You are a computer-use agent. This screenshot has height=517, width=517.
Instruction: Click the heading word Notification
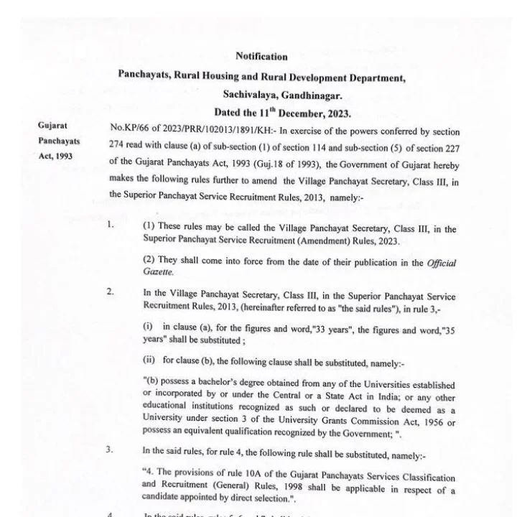coord(261,57)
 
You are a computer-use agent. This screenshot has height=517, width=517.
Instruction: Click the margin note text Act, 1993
coord(57,156)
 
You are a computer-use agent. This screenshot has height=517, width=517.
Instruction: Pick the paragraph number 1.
coord(111,224)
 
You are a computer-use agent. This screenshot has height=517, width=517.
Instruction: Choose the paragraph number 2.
coord(111,291)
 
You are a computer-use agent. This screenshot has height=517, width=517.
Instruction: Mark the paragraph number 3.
coord(110,450)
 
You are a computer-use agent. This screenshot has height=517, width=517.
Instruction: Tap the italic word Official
coord(439,263)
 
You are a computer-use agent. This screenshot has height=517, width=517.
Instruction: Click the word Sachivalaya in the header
coord(248,95)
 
